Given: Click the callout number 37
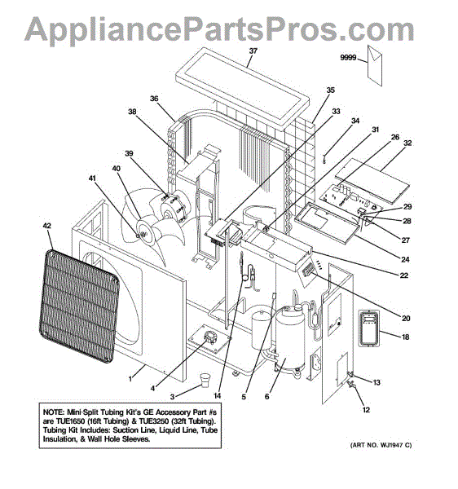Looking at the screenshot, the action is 253,51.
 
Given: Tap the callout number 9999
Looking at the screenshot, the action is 348,57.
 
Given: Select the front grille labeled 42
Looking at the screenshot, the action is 79,306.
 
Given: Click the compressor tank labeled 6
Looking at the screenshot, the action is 289,339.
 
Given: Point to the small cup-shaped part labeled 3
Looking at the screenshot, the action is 205,380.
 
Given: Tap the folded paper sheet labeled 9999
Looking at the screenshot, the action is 374,65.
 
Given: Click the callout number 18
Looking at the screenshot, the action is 405,337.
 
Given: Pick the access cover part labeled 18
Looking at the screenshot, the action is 369,328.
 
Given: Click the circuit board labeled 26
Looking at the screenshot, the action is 350,200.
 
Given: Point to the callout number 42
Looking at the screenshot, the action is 46,226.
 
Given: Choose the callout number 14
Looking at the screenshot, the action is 217,395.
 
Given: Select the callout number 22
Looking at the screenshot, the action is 403,275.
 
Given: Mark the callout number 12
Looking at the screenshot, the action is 366,410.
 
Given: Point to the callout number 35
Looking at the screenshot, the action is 331,90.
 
